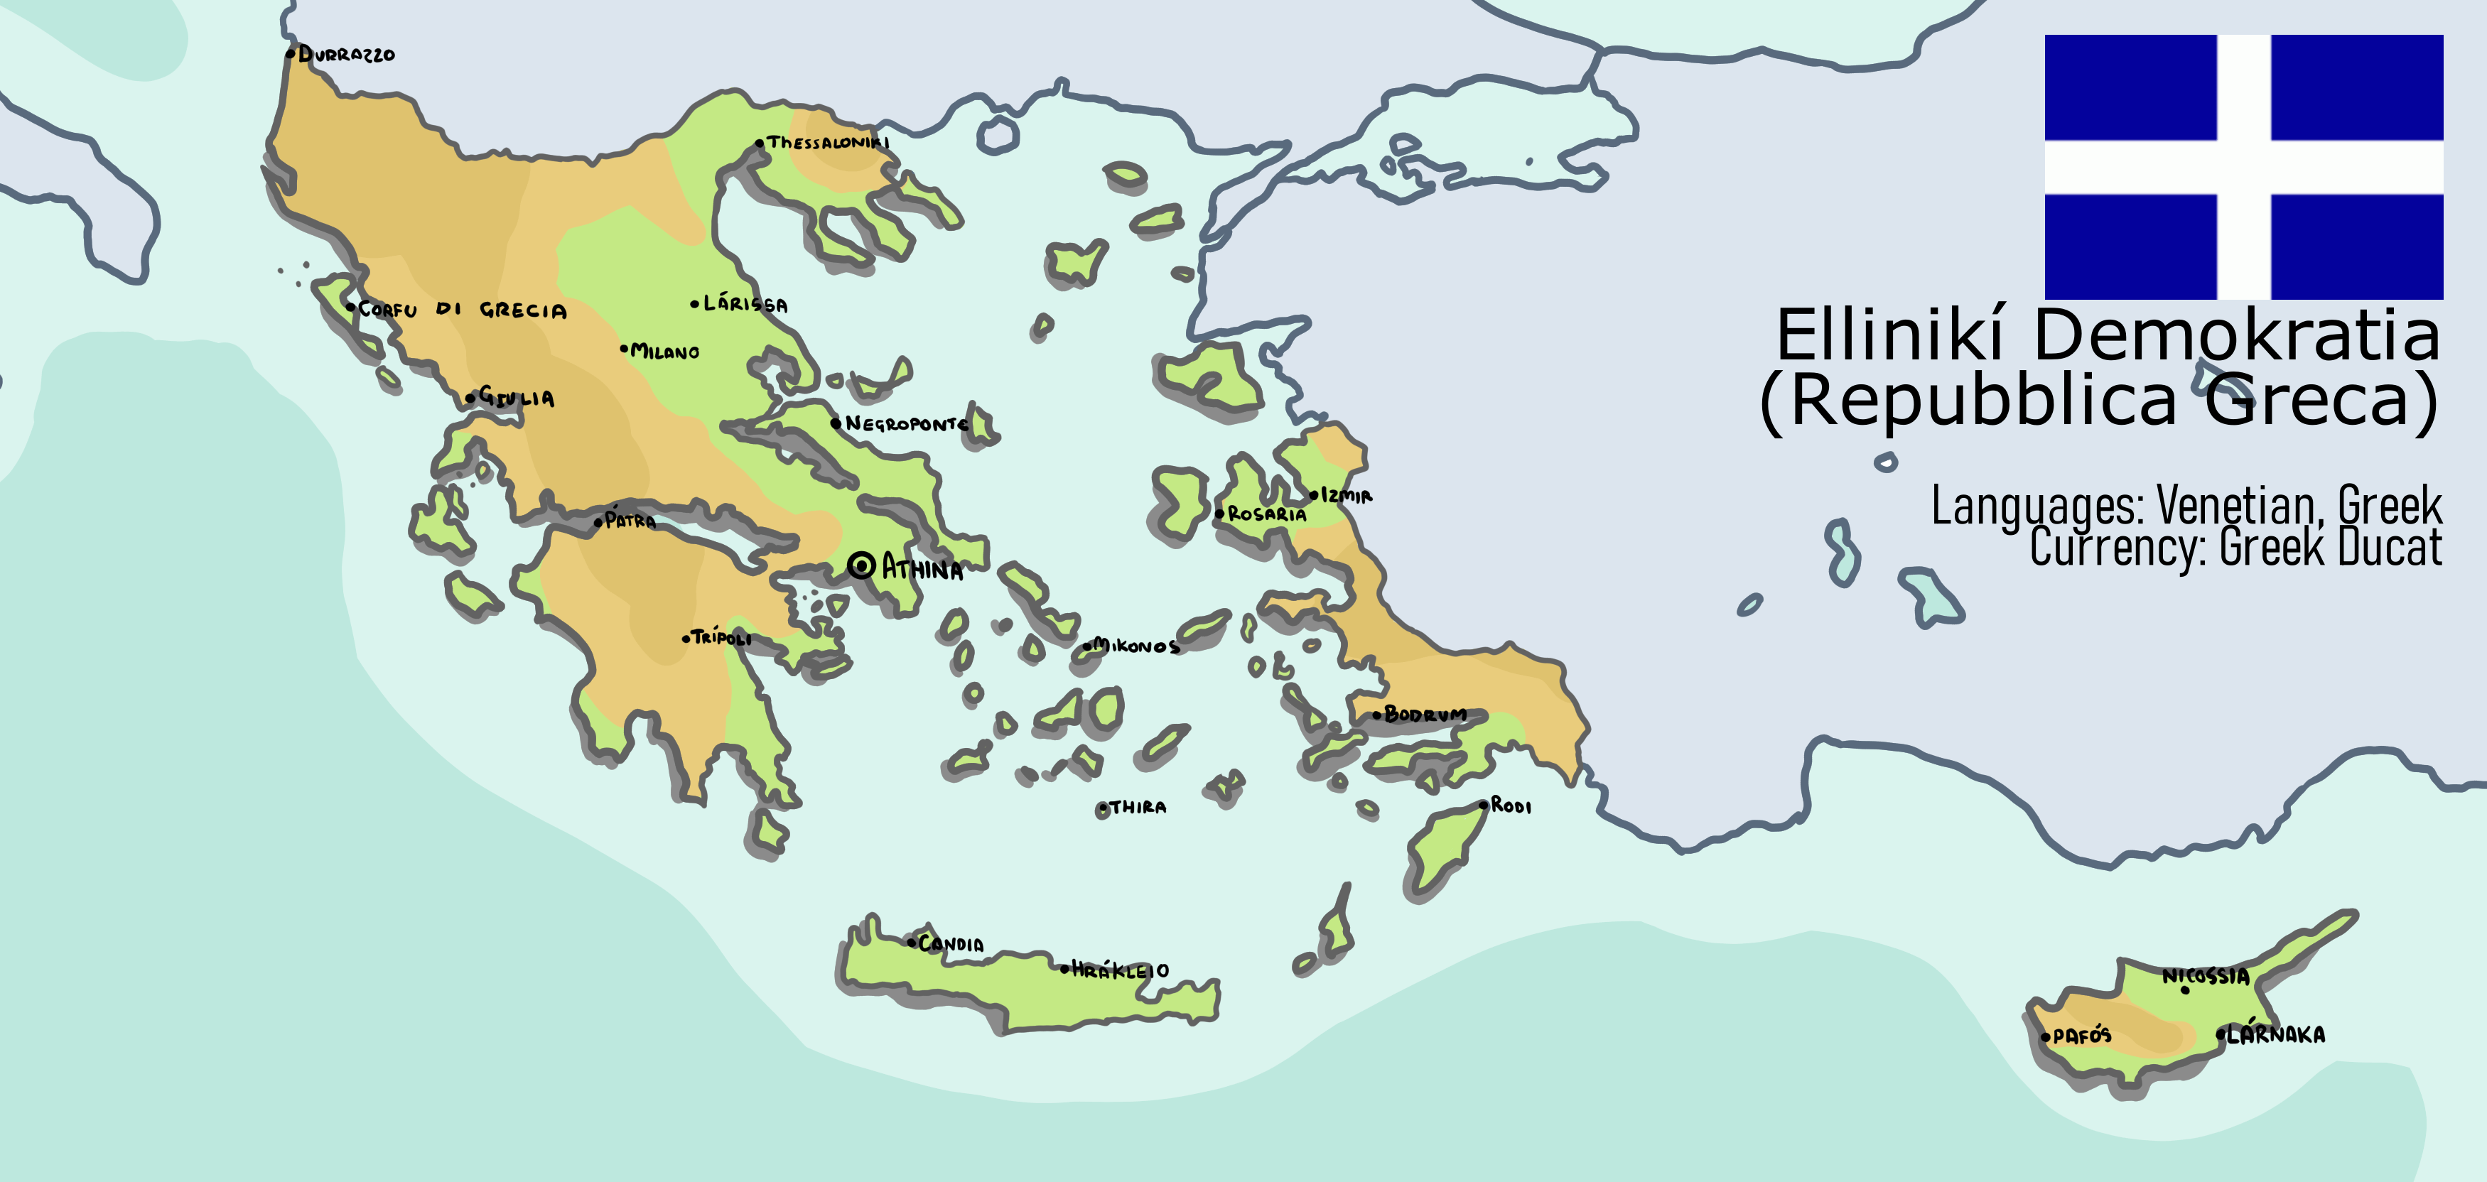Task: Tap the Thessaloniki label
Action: pos(827,143)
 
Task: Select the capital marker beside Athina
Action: pos(861,565)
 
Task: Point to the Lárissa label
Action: pos(745,304)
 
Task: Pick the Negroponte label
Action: pos(905,423)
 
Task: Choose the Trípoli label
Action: pos(721,637)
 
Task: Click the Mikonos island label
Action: pos(1135,646)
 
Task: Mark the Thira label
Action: pos(1138,807)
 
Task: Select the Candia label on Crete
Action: pos(950,943)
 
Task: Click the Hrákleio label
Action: pos(1120,970)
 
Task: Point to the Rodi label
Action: pos(1511,805)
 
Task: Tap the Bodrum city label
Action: pos(1425,714)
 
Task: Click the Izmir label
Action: pos(1346,496)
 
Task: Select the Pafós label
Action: pos(2081,1036)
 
